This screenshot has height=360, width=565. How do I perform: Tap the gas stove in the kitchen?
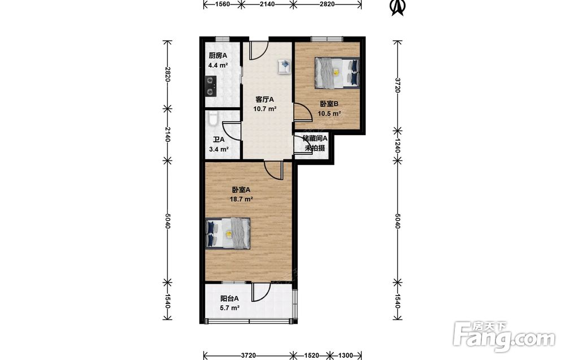click(210, 86)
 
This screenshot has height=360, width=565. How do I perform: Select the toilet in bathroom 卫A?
click(212, 118)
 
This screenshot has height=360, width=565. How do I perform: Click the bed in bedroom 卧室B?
click(337, 73)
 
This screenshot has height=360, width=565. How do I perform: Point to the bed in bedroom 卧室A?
click(228, 233)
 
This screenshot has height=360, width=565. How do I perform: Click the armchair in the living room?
click(284, 66)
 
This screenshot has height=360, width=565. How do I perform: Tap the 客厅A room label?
click(265, 99)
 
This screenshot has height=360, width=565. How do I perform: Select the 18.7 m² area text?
click(241, 199)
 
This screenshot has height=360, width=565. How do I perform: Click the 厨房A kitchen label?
click(218, 56)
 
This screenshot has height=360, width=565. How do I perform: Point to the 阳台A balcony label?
click(229, 299)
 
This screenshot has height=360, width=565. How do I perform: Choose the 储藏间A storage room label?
click(315, 138)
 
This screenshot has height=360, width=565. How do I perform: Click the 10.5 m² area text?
click(329, 114)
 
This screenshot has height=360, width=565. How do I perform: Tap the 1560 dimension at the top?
click(222, 4)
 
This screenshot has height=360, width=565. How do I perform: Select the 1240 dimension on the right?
click(397, 146)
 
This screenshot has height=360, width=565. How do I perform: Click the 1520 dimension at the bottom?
click(311, 355)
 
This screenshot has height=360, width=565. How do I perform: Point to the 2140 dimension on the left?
click(167, 134)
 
